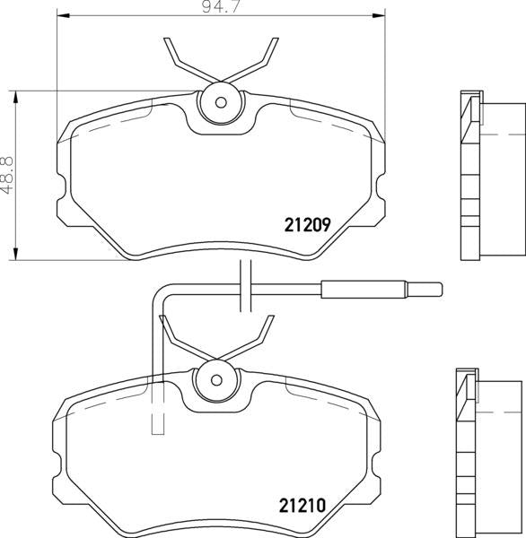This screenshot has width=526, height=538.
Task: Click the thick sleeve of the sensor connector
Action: pos(364,289)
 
